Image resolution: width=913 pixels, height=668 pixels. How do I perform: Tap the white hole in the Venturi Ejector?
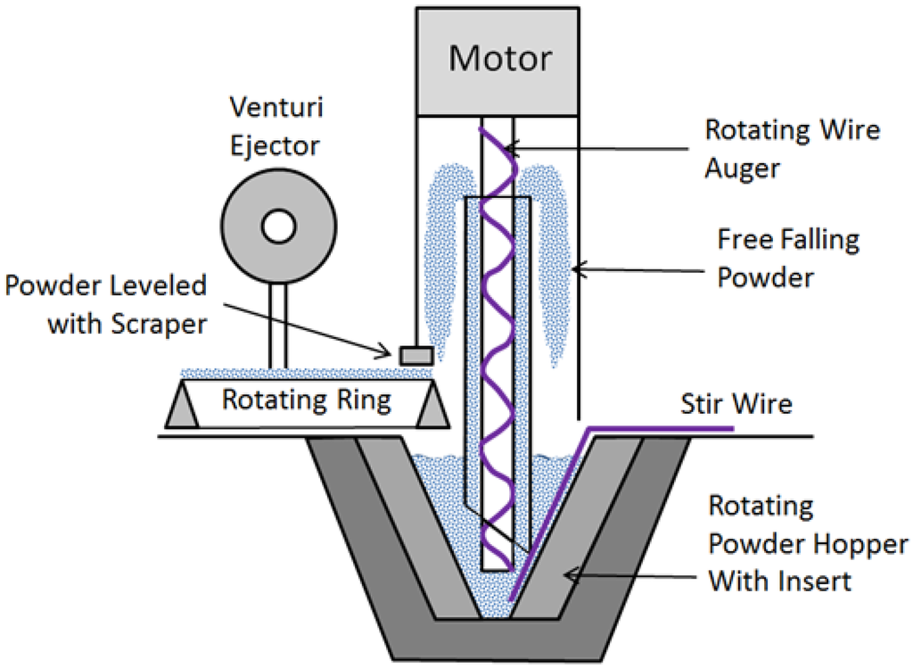click(x=277, y=226)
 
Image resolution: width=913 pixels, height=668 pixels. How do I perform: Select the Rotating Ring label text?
click(x=306, y=400)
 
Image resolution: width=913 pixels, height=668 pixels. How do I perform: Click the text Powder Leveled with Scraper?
click(x=105, y=305)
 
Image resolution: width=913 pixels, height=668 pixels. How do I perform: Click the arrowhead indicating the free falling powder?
click(x=579, y=266)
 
